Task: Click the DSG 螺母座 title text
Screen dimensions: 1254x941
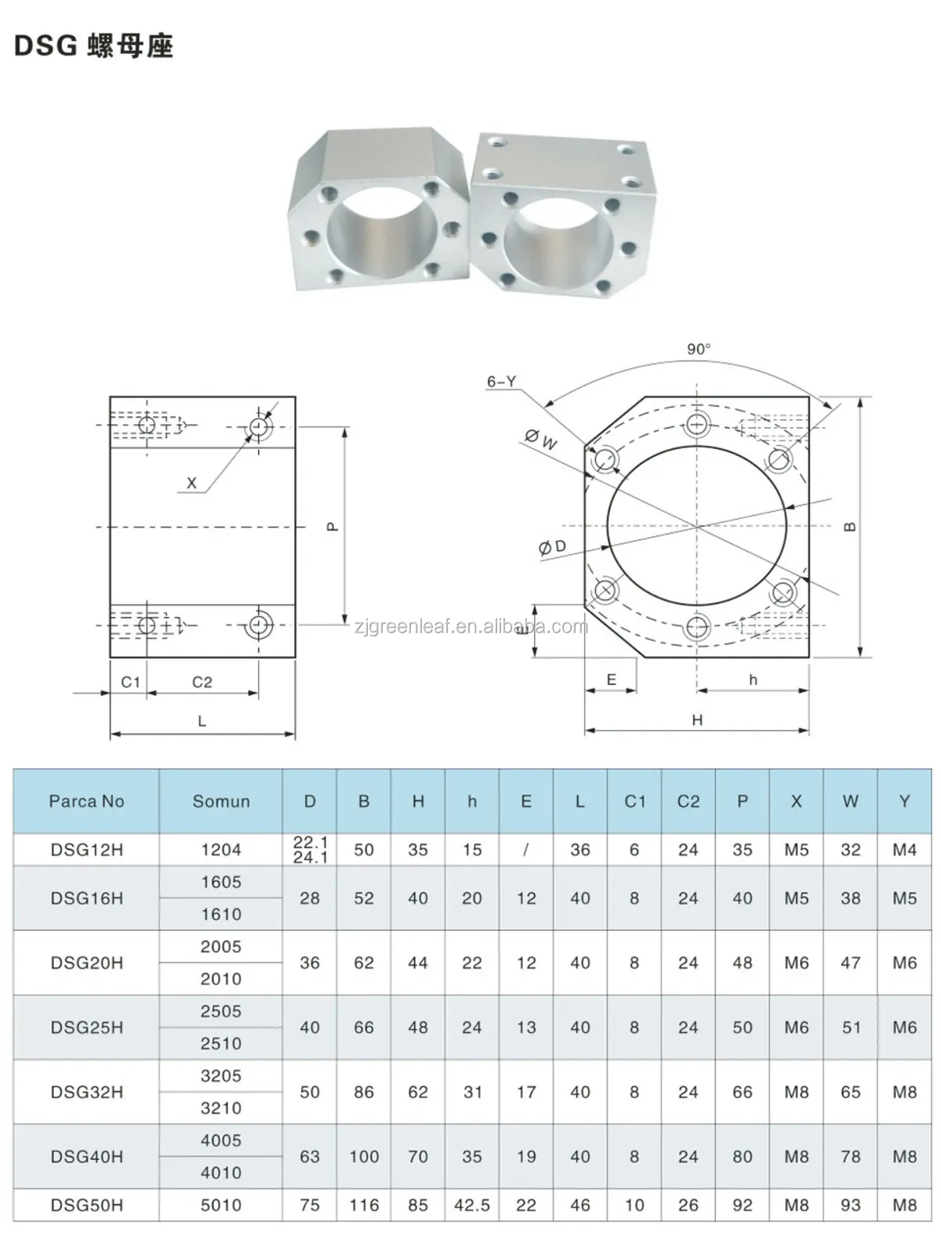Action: click(93, 46)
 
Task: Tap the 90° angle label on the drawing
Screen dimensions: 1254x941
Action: click(699, 350)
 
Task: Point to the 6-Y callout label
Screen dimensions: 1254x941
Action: click(502, 382)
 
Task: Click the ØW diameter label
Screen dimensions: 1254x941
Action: click(541, 440)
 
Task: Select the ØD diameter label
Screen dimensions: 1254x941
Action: click(552, 547)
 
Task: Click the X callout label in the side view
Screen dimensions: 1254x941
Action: click(191, 484)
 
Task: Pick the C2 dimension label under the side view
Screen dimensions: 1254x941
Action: click(202, 683)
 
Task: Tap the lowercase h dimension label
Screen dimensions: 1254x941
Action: click(753, 680)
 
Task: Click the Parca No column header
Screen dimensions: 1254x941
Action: click(86, 801)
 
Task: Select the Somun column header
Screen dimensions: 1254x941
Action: click(221, 801)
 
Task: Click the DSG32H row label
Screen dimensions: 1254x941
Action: click(86, 1092)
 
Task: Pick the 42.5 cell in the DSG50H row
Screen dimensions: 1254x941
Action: click(472, 1205)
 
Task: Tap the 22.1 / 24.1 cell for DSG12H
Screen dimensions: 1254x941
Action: click(310, 850)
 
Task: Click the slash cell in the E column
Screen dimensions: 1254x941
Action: click(526, 850)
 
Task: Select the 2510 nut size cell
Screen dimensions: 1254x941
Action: click(221, 1044)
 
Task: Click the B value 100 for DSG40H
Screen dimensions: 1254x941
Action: click(364, 1157)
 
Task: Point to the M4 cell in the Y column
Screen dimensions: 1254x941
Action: click(904, 850)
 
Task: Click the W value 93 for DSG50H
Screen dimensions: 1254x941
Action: click(851, 1205)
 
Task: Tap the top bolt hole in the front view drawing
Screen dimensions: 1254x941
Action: click(697, 426)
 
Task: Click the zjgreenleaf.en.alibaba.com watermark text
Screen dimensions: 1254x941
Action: click(470, 626)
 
